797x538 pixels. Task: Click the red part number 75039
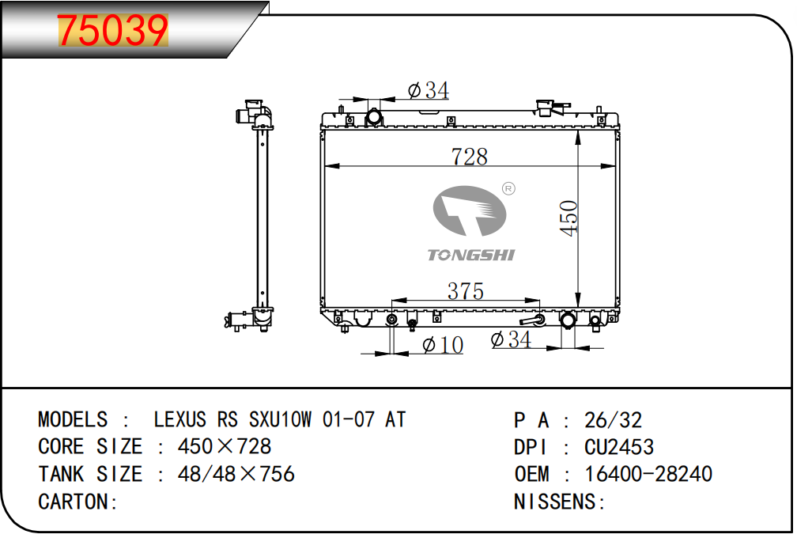coord(112,31)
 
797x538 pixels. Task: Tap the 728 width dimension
coord(469,157)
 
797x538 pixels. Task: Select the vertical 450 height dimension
coord(568,218)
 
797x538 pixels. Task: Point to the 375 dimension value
coord(465,291)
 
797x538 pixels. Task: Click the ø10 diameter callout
coord(443,345)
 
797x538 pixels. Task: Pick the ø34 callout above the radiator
coord(429,90)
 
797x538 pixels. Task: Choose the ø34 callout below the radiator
coord(511,339)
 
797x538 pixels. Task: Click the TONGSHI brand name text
coord(471,255)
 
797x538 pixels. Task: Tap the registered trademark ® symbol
coord(508,188)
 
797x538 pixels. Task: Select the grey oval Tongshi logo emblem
coord(469,210)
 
